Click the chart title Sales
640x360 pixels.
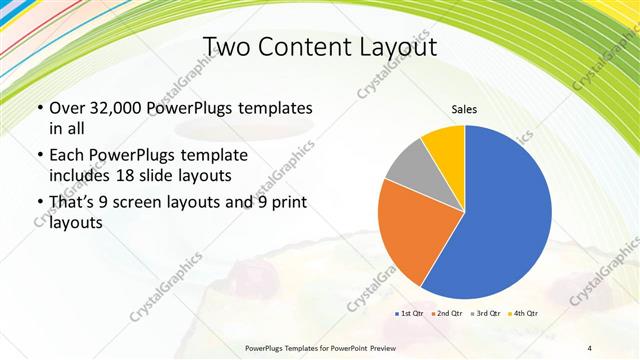[x=464, y=110]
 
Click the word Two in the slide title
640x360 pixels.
[x=227, y=47]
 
